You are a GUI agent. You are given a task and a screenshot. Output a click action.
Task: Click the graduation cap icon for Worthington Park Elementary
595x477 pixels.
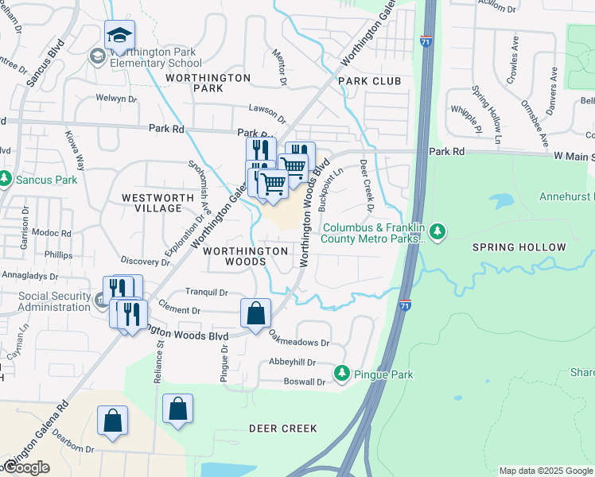[x=119, y=34]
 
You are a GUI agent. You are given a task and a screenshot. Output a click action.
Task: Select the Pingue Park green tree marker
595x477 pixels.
[x=342, y=372]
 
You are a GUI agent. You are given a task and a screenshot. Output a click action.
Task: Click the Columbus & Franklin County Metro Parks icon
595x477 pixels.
[x=437, y=233]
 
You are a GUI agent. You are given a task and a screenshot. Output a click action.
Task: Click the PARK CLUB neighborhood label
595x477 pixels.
[x=369, y=81]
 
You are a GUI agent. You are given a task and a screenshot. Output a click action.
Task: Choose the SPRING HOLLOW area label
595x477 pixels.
[x=519, y=247]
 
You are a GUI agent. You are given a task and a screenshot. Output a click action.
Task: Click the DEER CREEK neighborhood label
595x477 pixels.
[x=282, y=429]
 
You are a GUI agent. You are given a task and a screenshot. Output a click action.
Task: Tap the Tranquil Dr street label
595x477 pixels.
[x=206, y=292]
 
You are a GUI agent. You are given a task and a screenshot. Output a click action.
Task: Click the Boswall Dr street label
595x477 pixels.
[x=305, y=382]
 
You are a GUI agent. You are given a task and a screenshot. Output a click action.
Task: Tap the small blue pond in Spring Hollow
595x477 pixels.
[x=501, y=199]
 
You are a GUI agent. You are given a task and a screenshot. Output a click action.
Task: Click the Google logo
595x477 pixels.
[x=26, y=467]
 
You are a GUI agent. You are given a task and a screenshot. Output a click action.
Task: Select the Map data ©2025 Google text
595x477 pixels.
[x=546, y=471]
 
